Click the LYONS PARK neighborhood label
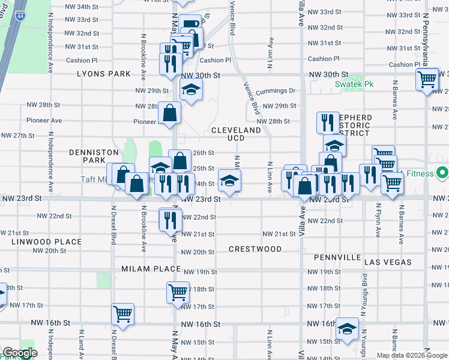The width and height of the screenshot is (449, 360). click(103, 74)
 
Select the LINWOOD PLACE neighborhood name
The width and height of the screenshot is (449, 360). click(46, 242)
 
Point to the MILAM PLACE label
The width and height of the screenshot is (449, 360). click(151, 269)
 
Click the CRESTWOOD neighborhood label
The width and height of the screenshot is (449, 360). click(255, 249)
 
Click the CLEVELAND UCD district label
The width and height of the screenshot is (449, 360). click(236, 134)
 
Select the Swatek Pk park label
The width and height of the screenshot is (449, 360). click(354, 84)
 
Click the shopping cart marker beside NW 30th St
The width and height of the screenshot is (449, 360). click(427, 79)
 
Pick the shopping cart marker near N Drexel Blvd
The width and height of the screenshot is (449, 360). click(122, 314)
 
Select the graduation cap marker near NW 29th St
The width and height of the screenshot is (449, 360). click(191, 89)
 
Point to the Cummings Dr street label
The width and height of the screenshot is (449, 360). click(276, 91)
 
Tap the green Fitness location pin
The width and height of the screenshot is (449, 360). click(443, 174)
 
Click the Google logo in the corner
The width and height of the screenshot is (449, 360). click(20, 353)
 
